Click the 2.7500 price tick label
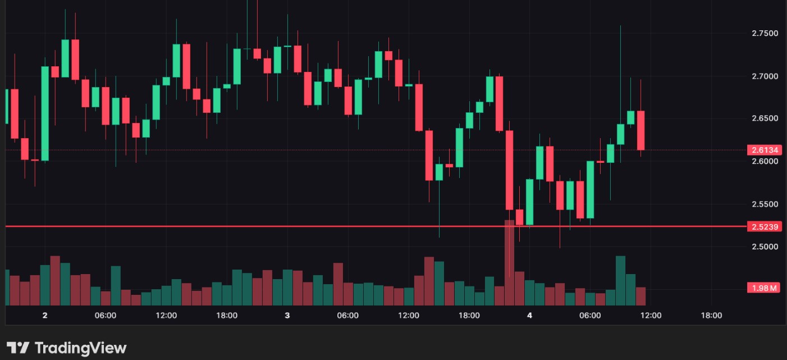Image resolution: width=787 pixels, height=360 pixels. [765, 33]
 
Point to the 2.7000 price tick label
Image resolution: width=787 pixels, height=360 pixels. [765, 76]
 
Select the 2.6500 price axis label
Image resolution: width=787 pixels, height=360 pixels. [765, 119]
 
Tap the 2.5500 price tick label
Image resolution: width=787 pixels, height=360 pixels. [765, 204]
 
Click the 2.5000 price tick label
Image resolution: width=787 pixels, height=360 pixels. [765, 247]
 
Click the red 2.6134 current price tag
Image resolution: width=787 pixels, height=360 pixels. [764, 150]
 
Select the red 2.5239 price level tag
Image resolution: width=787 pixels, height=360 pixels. [764, 227]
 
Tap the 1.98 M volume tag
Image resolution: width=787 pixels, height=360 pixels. [764, 288]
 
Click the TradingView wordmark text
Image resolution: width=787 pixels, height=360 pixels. [81, 348]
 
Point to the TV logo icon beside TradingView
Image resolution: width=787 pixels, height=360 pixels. [18, 348]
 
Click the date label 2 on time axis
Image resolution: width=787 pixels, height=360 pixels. [45, 316]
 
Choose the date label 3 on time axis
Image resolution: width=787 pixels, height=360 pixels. [287, 316]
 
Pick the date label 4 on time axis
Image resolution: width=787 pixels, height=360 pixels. [529, 316]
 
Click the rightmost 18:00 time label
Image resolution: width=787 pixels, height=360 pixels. [711, 316]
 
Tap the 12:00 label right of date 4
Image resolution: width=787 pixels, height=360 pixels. [651, 316]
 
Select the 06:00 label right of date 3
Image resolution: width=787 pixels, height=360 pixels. [347, 316]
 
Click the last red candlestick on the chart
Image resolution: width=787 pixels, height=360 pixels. [640, 130]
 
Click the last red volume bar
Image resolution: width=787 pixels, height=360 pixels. [640, 296]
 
